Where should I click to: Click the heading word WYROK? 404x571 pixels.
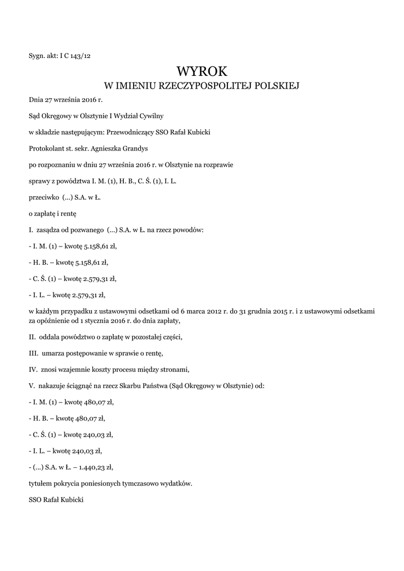[x=202, y=71]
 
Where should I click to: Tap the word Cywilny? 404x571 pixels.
[x=150, y=116]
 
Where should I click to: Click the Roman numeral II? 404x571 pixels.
[x=32, y=337]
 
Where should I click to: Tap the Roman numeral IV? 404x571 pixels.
[x=32, y=369]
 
